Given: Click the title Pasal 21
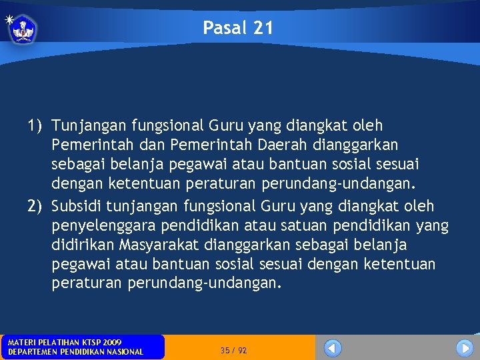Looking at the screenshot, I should (238, 28).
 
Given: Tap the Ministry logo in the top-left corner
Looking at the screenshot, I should (23, 29).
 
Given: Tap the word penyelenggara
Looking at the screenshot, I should (106, 225).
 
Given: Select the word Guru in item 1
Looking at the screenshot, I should (227, 125).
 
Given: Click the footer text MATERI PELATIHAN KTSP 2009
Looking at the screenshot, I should (65, 342).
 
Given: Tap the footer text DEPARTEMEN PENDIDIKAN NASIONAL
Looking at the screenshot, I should (75, 352).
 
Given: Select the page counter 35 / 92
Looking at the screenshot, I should (234, 350).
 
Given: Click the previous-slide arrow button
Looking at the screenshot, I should (333, 348).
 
